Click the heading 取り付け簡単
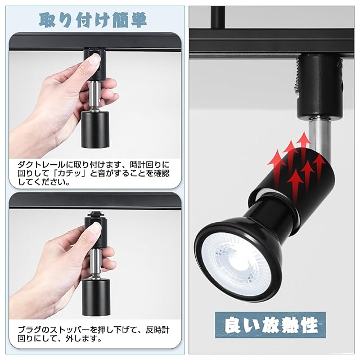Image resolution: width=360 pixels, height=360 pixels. (x=93, y=20)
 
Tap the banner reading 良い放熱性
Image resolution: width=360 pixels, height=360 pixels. (x=271, y=325)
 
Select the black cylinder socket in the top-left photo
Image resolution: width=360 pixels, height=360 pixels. (x=95, y=130)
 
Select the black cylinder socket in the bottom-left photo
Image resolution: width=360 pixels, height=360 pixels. (x=96, y=298)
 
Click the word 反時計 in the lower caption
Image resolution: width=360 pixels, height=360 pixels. (x=157, y=330)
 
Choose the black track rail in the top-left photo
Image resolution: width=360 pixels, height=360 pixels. (x=95, y=42)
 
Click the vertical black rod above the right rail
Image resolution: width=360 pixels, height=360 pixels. (x=218, y=17)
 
